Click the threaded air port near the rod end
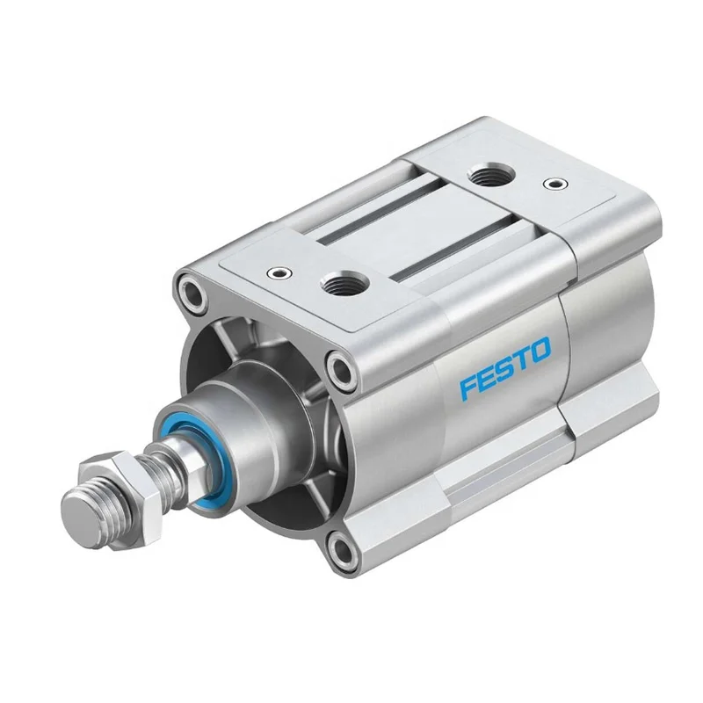point(335,283)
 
